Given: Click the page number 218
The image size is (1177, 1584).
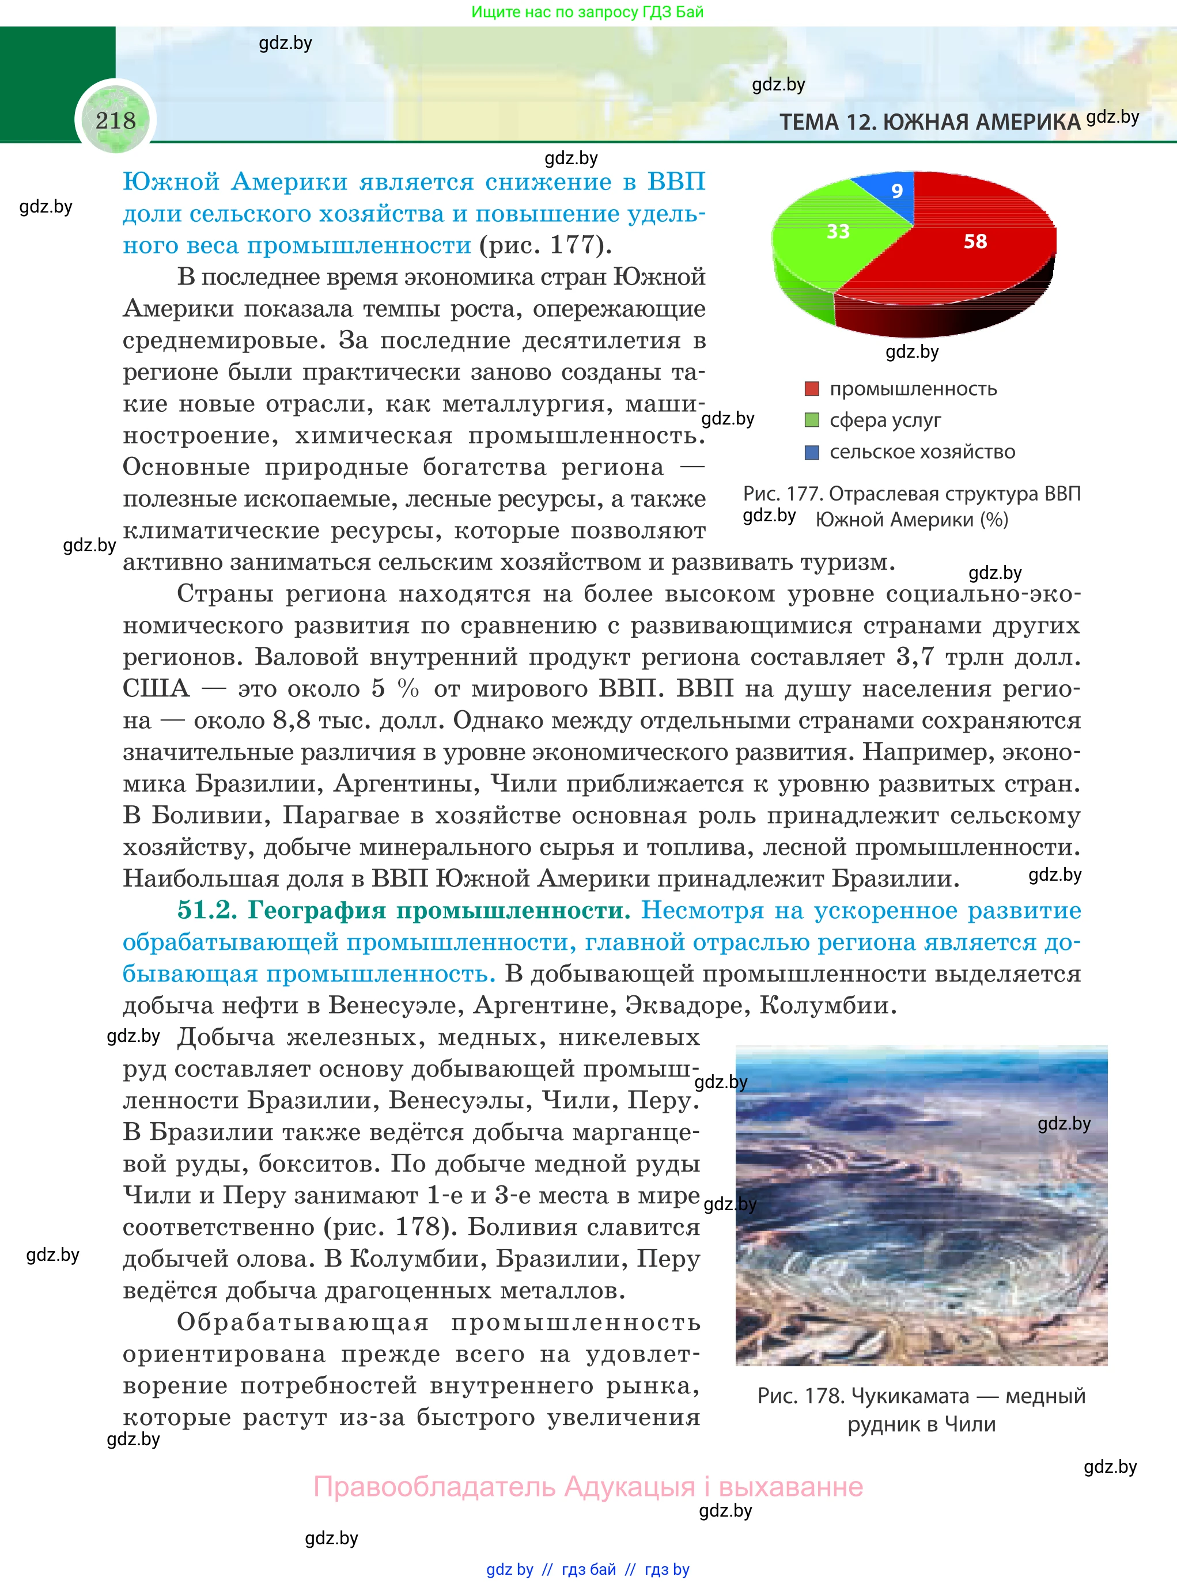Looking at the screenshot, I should click(115, 120).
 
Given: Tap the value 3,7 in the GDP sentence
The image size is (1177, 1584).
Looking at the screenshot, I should click(914, 657).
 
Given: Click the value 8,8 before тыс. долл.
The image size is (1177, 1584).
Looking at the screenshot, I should click(292, 720).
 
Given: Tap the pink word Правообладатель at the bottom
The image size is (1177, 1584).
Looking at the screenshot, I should click(434, 1487).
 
